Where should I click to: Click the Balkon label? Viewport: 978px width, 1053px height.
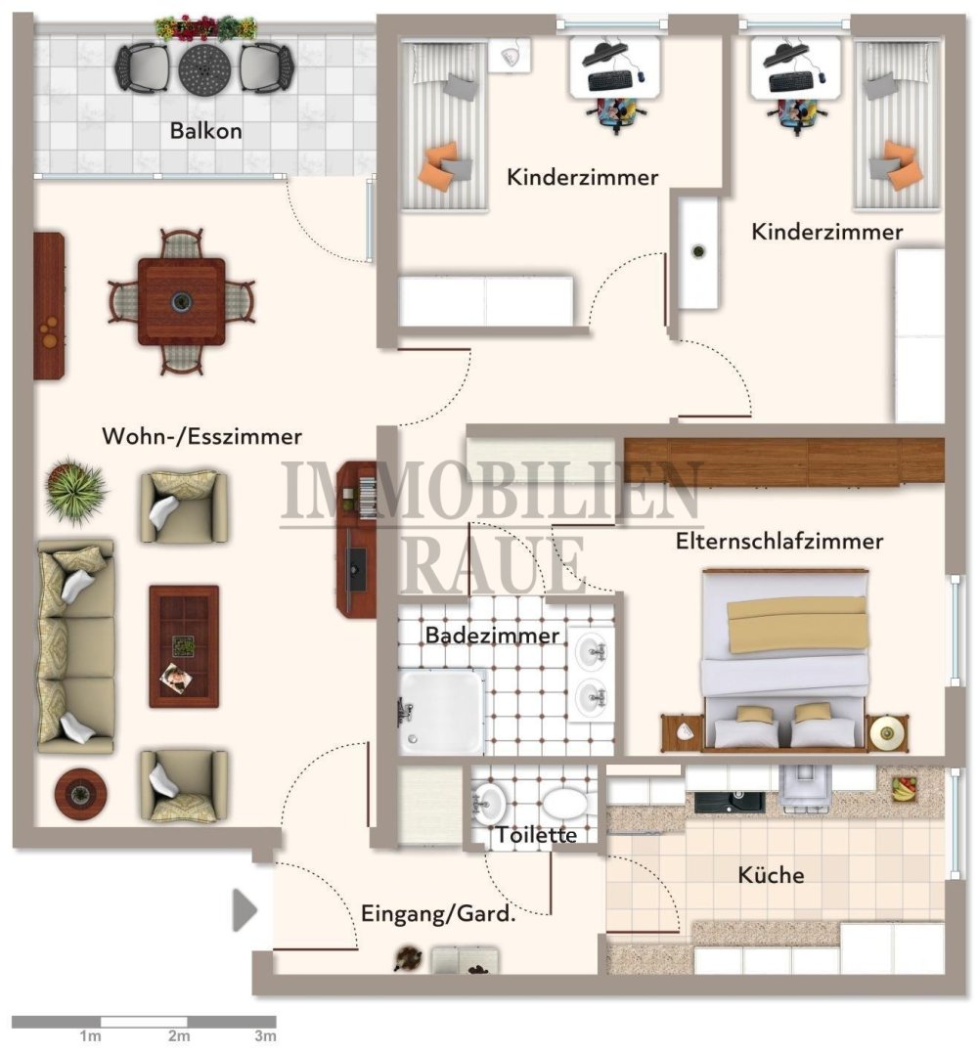[205, 130]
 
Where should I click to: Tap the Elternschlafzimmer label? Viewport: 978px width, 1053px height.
[779, 542]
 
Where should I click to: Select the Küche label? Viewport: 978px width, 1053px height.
[771, 874]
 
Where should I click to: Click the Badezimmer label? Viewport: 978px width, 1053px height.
[492, 636]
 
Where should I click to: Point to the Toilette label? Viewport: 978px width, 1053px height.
[537, 835]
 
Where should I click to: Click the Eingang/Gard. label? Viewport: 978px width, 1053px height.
[438, 913]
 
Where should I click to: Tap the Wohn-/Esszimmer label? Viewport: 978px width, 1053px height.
[201, 436]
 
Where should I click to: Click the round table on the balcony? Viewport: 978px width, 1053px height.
[204, 67]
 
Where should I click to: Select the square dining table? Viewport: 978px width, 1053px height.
[181, 301]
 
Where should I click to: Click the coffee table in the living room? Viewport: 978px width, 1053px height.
[184, 646]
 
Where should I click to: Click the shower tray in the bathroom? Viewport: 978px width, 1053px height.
[442, 712]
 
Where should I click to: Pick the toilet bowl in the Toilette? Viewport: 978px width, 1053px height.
[565, 803]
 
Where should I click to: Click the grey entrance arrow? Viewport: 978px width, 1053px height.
[244, 910]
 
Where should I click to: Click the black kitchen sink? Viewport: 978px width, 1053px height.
[729, 801]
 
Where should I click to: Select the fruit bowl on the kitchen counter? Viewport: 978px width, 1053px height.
[904, 788]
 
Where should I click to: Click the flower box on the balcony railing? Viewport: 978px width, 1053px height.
[205, 28]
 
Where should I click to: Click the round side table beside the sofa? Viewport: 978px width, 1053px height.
[80, 794]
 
